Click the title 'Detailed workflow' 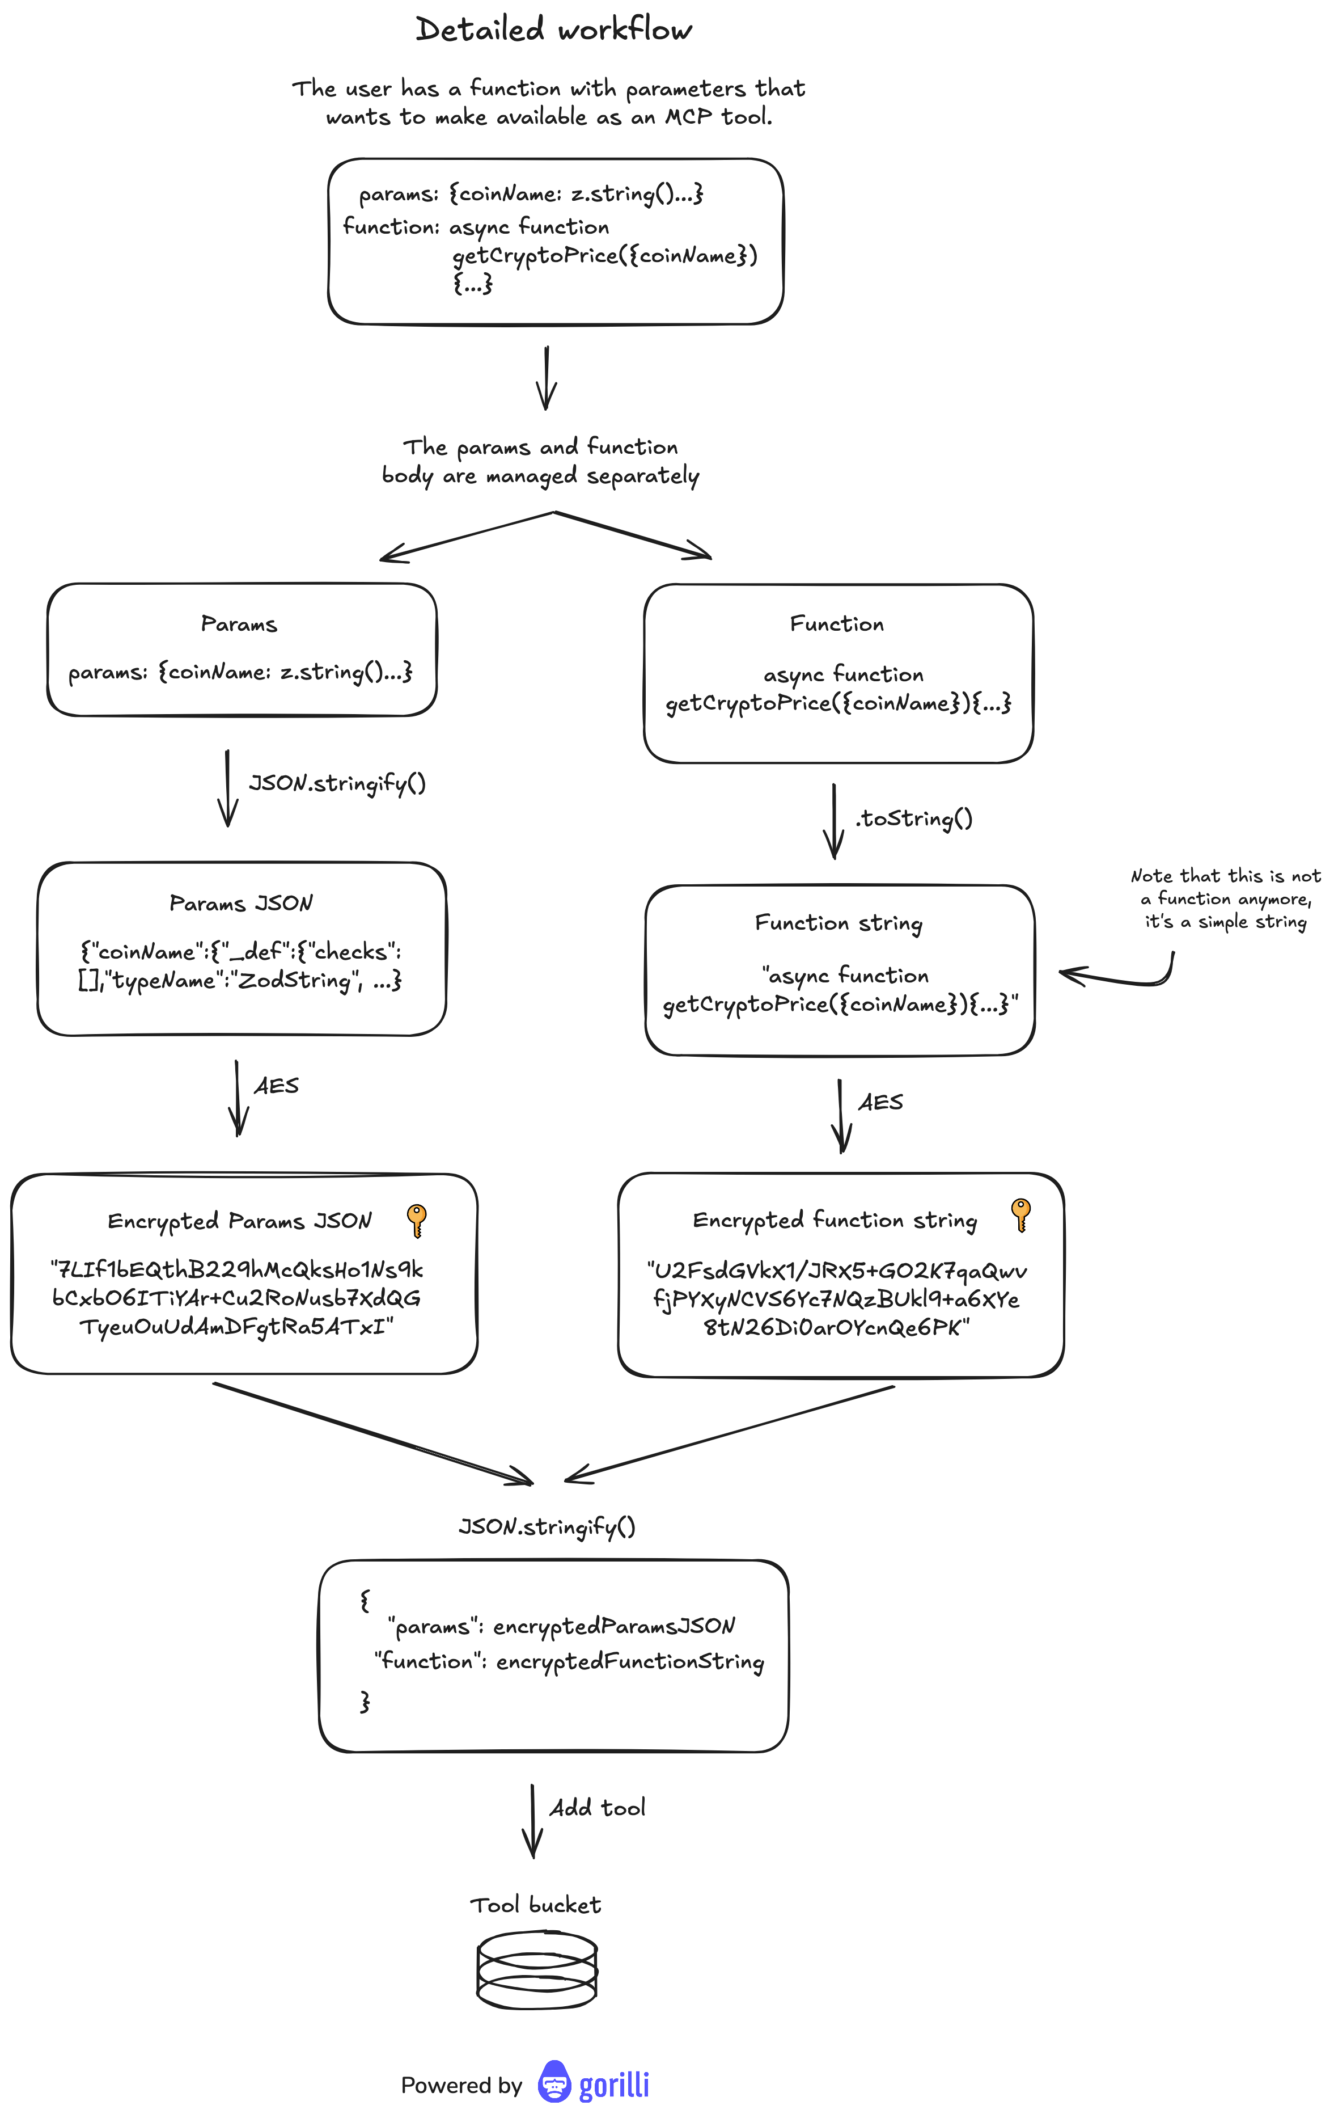pyautogui.click(x=554, y=30)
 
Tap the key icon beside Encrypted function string pyautogui.click(x=1020, y=1215)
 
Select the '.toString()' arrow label pyautogui.click(x=913, y=818)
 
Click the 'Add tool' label pyautogui.click(x=598, y=1808)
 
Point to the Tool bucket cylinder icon pyautogui.click(x=537, y=1969)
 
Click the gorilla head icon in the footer pyautogui.click(x=554, y=2082)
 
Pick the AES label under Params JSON pyautogui.click(x=277, y=1086)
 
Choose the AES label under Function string pyautogui.click(x=880, y=1102)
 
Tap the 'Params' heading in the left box pyautogui.click(x=239, y=624)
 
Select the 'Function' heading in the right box pyautogui.click(x=836, y=624)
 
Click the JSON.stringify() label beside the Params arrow pyautogui.click(x=338, y=783)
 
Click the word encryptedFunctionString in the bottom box pyautogui.click(x=630, y=1662)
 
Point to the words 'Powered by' pyautogui.click(x=461, y=2085)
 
